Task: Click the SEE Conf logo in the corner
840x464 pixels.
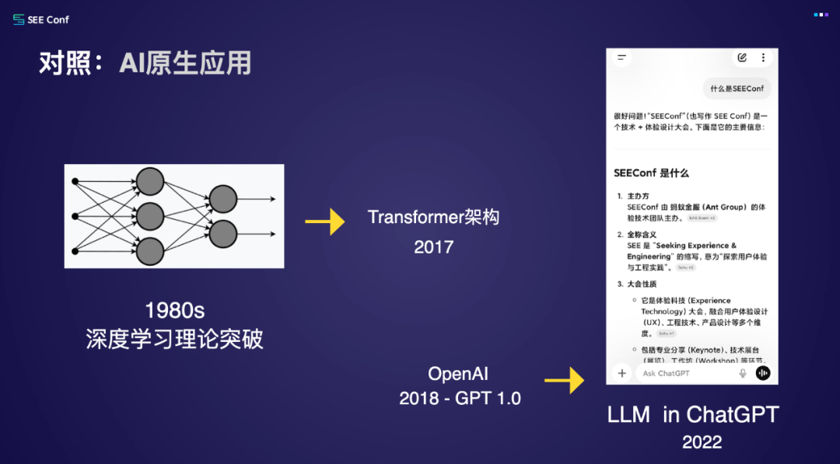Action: coord(41,19)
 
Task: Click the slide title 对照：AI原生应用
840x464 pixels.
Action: coord(145,63)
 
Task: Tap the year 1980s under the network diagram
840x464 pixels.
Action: coord(175,311)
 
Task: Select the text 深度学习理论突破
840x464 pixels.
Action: coord(175,339)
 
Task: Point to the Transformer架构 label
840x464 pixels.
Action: coord(433,217)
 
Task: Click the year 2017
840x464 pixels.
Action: coord(433,247)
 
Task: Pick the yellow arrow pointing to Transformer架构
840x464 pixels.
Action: coord(324,222)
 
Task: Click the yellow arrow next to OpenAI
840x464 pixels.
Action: coord(564,380)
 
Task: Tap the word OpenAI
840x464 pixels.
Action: coord(460,374)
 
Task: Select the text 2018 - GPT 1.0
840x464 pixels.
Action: coord(460,399)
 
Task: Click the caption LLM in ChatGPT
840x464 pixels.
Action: coord(693,415)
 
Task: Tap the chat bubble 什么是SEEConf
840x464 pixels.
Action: coord(737,89)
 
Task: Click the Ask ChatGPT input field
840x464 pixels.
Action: coord(684,373)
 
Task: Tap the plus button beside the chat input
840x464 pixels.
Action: coord(622,373)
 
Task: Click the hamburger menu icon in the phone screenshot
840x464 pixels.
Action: coord(622,58)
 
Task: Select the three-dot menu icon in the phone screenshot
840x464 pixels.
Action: coord(763,58)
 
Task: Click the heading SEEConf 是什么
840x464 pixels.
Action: coord(651,173)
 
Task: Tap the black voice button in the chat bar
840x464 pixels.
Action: coord(763,373)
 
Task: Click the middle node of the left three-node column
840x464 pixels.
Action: coord(150,216)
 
